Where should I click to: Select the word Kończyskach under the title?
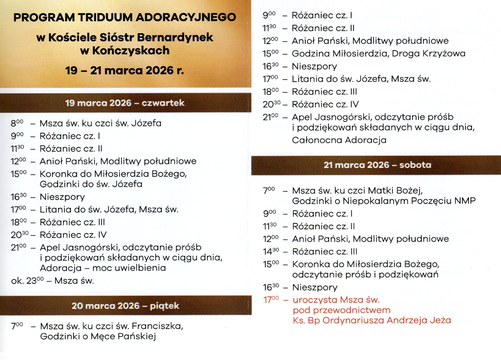[x=131, y=50]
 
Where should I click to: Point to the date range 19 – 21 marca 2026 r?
[x=124, y=71]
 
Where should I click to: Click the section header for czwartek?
[x=125, y=103]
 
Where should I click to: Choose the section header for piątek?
[x=125, y=306]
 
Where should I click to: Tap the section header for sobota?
[x=377, y=165]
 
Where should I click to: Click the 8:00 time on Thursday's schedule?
[x=17, y=123]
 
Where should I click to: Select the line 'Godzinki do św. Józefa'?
[x=91, y=184]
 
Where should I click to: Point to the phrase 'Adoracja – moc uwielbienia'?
[x=103, y=268]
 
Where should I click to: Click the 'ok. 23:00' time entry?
[x=27, y=281]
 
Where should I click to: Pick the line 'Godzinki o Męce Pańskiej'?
[x=98, y=336]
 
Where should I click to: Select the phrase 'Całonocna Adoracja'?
[x=339, y=140]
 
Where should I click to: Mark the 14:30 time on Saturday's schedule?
[x=271, y=252]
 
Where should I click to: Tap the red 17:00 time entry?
[x=271, y=300]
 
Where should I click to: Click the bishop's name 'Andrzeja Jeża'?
[x=419, y=320]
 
